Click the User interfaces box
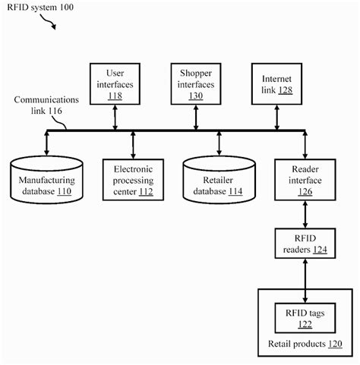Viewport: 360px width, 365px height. coord(114,83)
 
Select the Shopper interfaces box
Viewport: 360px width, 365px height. coord(197,83)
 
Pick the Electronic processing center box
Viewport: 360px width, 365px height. coord(134,180)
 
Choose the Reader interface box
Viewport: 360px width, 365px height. coord(305,181)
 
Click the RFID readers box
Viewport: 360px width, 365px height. coord(305,243)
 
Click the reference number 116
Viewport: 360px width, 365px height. coord(54,111)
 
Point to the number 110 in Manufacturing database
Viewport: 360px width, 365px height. coord(63,192)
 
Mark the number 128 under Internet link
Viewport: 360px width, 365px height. coord(285,90)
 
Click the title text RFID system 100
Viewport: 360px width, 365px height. coord(36,7)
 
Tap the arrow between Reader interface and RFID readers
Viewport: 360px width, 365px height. coord(305,215)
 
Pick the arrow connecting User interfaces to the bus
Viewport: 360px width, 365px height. coord(114,116)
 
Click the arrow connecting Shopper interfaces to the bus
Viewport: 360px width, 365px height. coord(197,116)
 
